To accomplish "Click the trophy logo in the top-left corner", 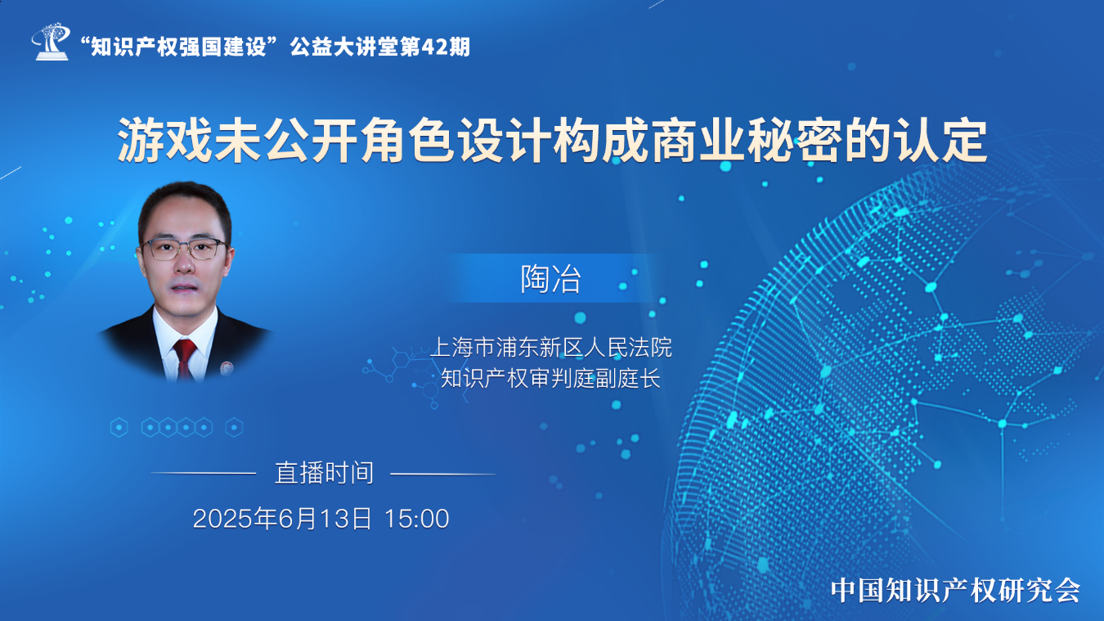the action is pyautogui.click(x=51, y=42).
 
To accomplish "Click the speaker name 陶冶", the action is pyautogui.click(x=551, y=279).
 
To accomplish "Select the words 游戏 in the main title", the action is pyautogui.click(x=164, y=140).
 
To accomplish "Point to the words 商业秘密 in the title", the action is pyautogui.click(x=745, y=140).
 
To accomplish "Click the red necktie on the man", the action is pyautogui.click(x=184, y=357).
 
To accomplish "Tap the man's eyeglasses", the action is pyautogui.click(x=184, y=249).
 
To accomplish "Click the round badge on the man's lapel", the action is pyautogui.click(x=227, y=367).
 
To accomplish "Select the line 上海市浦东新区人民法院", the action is pyautogui.click(x=551, y=347).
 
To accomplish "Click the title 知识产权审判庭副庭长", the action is pyautogui.click(x=550, y=379).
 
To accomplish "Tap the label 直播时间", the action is pyautogui.click(x=325, y=473).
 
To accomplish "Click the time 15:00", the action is pyautogui.click(x=416, y=519).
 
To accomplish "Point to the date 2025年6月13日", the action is pyautogui.click(x=282, y=519).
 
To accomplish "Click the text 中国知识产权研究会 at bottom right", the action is pyautogui.click(x=956, y=590).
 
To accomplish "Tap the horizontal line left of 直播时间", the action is pyautogui.click(x=204, y=474).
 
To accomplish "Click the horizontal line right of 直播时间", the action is pyautogui.click(x=442, y=474).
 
